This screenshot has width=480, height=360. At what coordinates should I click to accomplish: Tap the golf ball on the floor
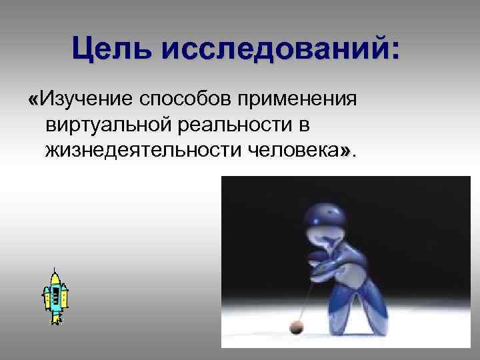[295, 326]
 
